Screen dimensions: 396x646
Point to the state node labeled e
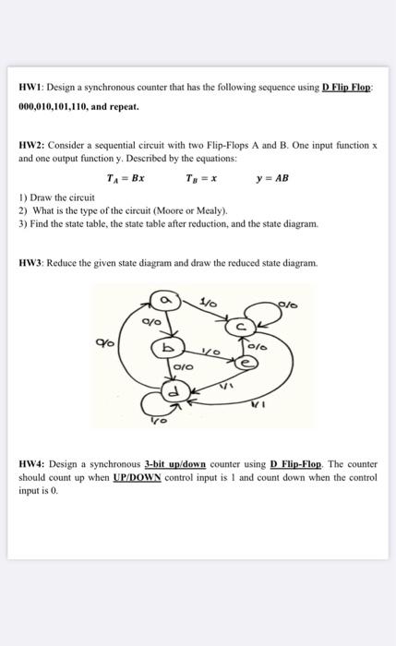point(244,364)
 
